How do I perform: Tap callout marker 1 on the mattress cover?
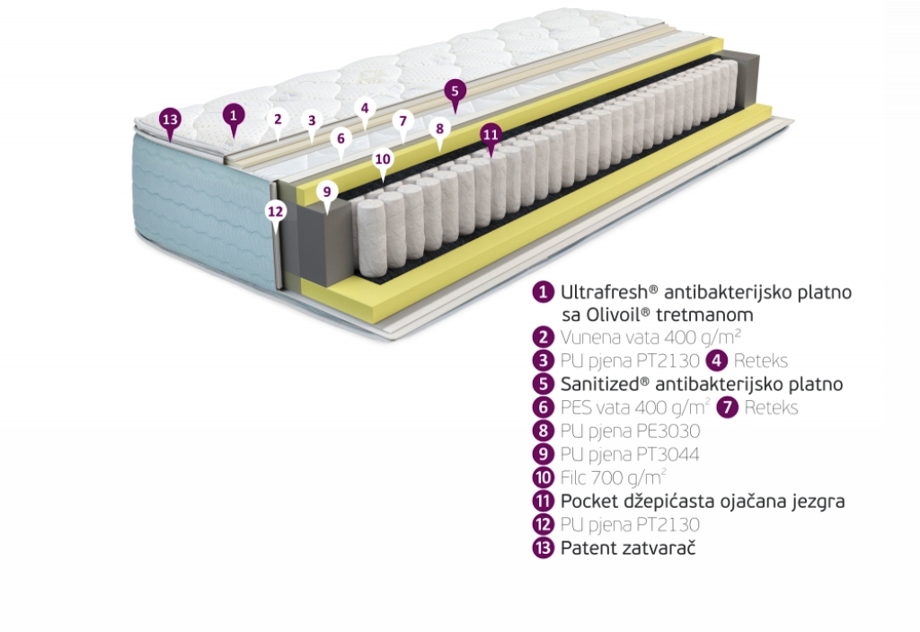[234, 116]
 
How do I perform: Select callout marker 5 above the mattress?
[456, 92]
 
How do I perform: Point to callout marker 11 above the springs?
[491, 135]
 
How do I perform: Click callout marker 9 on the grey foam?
[327, 192]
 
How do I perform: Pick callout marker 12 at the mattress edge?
[276, 212]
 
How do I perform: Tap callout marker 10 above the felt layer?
[383, 160]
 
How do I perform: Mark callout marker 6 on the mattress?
[341, 139]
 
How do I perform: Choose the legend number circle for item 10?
[544, 477]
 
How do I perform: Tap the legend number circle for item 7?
[728, 407]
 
